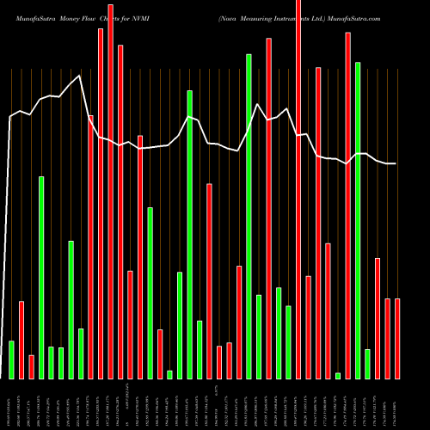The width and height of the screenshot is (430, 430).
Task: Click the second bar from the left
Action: [x=21, y=340]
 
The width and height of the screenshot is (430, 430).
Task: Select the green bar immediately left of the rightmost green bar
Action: [x=358, y=220]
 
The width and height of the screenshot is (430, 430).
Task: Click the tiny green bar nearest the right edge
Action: [x=338, y=375]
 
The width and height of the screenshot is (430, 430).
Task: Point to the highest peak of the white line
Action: [x=81, y=77]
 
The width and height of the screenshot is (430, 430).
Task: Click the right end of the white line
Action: [x=396, y=163]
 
